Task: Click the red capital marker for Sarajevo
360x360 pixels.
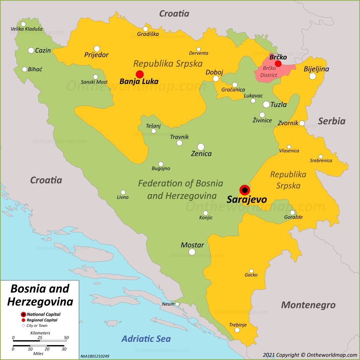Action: pos(244,190)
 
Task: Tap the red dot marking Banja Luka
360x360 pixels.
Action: pos(140,74)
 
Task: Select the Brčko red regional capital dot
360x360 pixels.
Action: pos(278,64)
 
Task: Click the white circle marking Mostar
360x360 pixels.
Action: pos(192,252)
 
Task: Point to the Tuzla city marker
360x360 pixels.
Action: pos(266,104)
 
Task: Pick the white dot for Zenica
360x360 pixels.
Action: pos(201,147)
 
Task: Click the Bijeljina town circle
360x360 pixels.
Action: pos(312,76)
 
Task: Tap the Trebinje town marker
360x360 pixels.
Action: pos(237,330)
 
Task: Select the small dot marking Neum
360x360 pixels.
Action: pos(177,304)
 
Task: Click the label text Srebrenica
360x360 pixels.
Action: pos(321,161)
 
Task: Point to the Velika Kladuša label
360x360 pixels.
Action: pos(26,29)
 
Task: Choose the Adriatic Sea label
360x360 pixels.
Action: pos(146,339)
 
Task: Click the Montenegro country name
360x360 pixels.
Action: pos(308,305)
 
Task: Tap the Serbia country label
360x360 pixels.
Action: pos(332,121)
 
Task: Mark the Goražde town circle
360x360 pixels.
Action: pos(292,212)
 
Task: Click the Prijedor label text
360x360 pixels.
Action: pos(96,55)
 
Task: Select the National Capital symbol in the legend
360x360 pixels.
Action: pos(23,314)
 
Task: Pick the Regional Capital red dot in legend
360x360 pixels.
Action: pos(23,320)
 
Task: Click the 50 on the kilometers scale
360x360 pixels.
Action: pos(66,338)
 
